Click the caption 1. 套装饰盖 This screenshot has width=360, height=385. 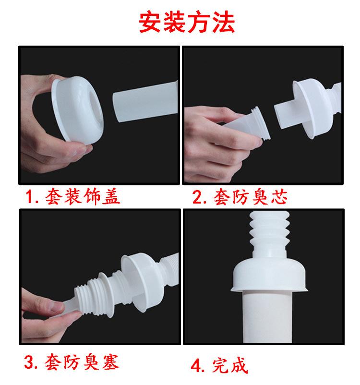click(x=72, y=196)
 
